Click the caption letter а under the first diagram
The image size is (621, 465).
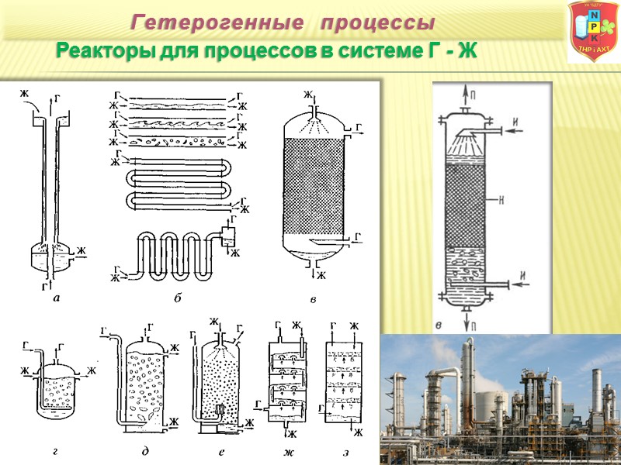click(x=54, y=298)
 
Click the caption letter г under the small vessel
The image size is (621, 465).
click(x=55, y=449)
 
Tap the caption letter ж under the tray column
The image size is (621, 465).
click(x=289, y=449)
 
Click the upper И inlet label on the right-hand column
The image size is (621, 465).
click(x=515, y=125)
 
